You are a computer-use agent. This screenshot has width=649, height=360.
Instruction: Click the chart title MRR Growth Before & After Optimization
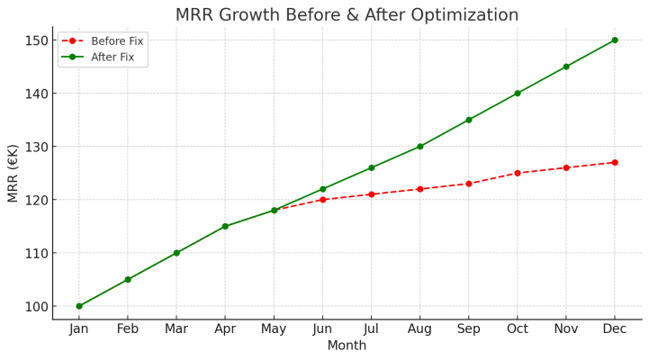point(347,15)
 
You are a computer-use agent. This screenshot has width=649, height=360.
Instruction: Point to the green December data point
point(615,40)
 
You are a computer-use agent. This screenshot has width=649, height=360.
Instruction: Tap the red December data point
point(615,163)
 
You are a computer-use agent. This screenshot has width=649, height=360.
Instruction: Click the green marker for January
point(79,306)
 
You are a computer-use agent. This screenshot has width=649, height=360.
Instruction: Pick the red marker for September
point(469,184)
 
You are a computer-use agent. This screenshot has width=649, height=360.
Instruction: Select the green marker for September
point(469,120)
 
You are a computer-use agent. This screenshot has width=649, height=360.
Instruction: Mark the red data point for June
point(323,200)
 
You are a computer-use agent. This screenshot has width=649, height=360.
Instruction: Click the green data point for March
point(176,253)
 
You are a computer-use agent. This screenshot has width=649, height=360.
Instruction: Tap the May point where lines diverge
point(275,211)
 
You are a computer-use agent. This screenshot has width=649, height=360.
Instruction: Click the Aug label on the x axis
point(419,329)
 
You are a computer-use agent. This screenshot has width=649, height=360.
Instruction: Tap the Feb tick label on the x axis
point(128,329)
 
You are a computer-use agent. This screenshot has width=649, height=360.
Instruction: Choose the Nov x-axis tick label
point(566,329)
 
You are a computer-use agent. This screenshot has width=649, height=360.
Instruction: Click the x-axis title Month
point(347,346)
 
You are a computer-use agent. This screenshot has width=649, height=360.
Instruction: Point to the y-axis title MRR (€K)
point(13,173)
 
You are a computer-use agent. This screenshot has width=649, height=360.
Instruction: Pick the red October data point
point(518,173)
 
